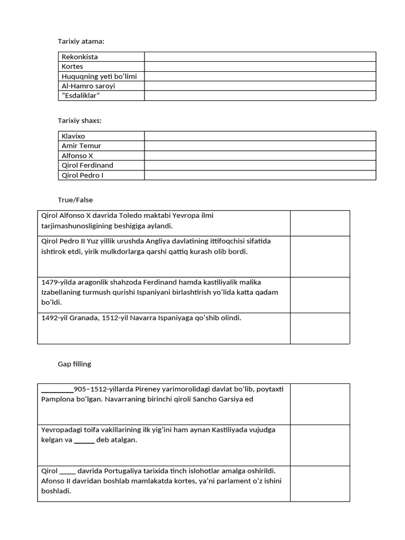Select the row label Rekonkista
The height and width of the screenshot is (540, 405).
pos(80,56)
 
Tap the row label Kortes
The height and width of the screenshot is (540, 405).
pos(72,66)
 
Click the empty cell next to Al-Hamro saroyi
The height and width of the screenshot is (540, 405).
pos(260,86)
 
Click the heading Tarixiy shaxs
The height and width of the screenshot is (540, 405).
pos(80,121)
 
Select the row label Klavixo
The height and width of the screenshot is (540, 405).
pos(73,136)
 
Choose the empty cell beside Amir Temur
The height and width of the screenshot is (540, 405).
pos(260,146)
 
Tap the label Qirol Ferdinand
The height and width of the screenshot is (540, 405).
pos(88,165)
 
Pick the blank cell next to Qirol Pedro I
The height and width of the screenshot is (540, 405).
pos(260,175)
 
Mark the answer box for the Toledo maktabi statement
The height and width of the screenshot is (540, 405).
pos(320,223)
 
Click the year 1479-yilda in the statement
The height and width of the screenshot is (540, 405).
pos(59,282)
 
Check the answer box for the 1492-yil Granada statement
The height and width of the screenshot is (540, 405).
pos(320,328)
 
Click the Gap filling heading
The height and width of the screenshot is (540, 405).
pos(74,364)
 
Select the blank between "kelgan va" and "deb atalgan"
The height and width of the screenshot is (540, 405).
pos(84,440)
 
